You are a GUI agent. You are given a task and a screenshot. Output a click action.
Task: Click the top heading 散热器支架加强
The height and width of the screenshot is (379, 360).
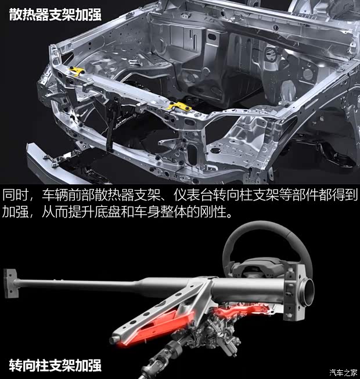tap(55, 14)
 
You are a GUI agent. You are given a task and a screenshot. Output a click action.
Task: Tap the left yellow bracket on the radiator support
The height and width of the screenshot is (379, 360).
tap(76, 71)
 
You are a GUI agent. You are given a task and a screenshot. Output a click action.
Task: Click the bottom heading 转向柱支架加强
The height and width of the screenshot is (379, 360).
tap(55, 365)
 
